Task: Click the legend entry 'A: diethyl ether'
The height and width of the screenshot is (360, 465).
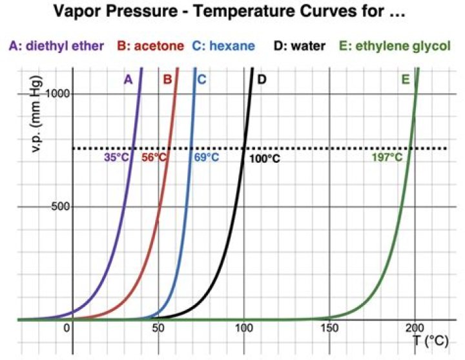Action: click(x=56, y=46)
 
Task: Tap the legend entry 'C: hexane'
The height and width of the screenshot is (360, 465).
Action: click(x=223, y=46)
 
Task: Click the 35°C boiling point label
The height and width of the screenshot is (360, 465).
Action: click(x=116, y=157)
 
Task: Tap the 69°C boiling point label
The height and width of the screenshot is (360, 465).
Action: click(x=207, y=157)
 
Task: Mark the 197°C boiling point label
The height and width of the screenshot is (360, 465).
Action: click(x=386, y=157)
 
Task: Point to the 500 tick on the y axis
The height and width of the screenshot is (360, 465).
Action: click(x=60, y=207)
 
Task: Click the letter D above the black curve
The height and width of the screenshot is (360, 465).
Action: click(x=262, y=79)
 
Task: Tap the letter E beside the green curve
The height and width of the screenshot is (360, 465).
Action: click(x=405, y=79)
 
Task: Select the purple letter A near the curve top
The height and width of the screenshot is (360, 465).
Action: click(x=128, y=79)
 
